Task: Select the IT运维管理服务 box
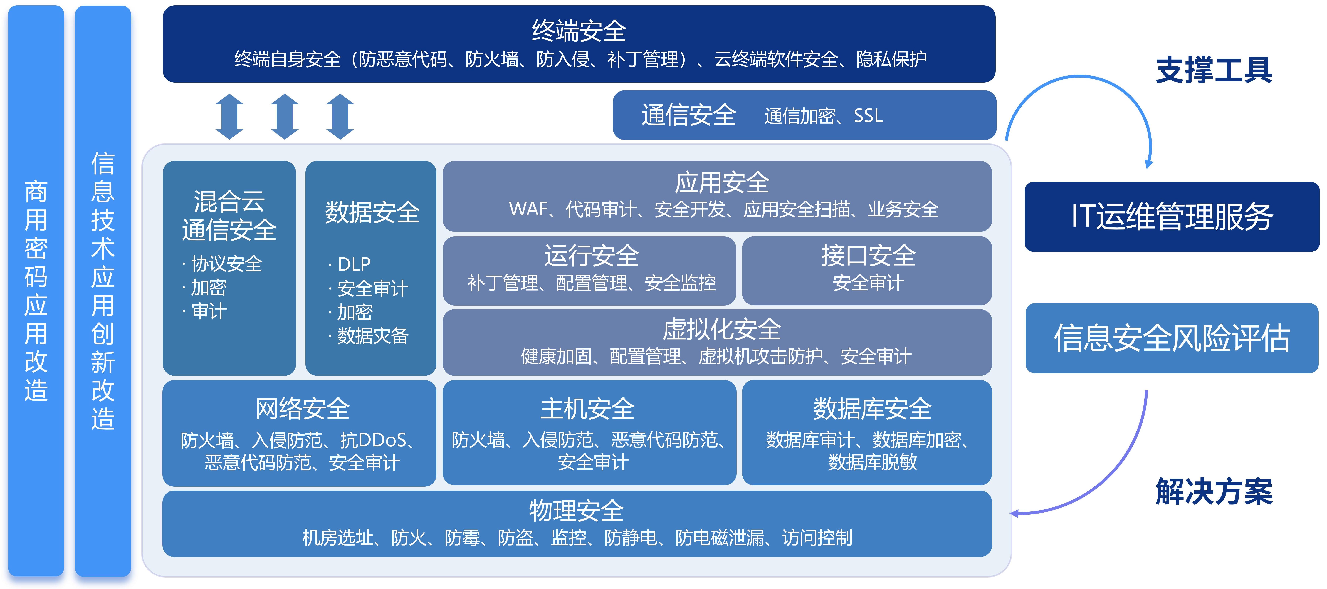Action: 1172,217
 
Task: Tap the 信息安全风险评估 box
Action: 1172,338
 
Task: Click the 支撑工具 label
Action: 1214,70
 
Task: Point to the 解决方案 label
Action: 1214,491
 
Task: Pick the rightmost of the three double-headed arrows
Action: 340,116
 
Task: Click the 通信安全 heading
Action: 689,115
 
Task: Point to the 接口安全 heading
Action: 868,256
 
